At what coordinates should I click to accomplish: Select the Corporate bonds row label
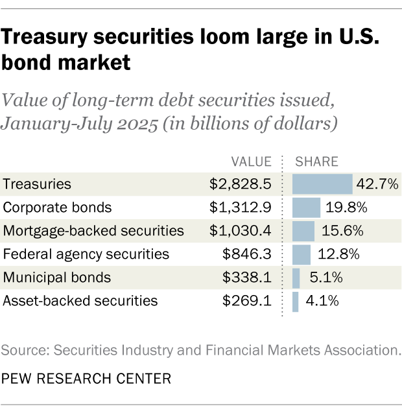click(57, 208)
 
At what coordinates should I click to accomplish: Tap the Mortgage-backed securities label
click(93, 231)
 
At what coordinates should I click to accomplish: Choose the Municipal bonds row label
click(57, 278)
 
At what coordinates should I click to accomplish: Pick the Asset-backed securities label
click(80, 301)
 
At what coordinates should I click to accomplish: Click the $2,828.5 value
click(242, 185)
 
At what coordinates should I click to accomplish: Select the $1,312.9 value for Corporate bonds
click(242, 208)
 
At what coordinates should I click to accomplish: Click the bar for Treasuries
click(322, 185)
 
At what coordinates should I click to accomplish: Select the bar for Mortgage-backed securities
click(303, 231)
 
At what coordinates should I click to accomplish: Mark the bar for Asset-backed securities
click(296, 301)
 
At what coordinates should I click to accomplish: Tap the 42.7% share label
click(377, 185)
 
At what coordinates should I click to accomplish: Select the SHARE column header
click(317, 161)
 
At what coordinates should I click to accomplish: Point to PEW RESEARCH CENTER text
click(86, 378)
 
